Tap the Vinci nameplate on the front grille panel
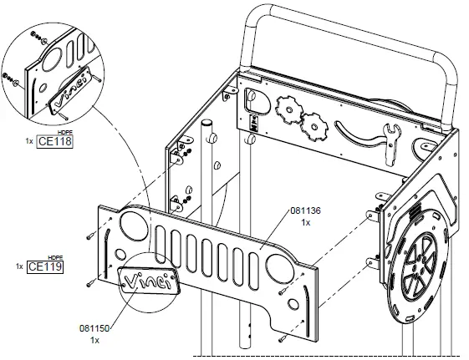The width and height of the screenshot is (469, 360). (151, 281)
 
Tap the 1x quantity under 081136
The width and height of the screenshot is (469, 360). (306, 223)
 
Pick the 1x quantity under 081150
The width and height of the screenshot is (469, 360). (94, 341)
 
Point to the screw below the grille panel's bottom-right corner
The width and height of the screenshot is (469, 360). (283, 338)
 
